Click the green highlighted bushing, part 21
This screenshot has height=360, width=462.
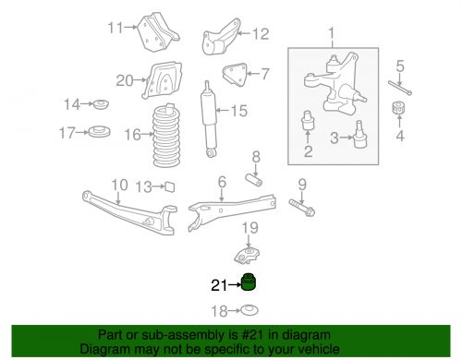[x=249, y=282]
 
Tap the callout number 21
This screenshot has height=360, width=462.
[x=219, y=285]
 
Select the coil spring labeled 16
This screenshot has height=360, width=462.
[x=166, y=136]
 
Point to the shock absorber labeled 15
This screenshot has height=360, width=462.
[x=209, y=119]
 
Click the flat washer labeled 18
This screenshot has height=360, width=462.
[x=249, y=310]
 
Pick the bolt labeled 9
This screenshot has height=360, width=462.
[x=302, y=208]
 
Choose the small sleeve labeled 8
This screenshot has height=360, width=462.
[x=254, y=180]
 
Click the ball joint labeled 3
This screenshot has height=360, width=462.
[x=360, y=135]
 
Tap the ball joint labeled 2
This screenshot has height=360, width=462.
[x=308, y=120]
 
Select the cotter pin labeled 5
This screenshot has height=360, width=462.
[x=400, y=88]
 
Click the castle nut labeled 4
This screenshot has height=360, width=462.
[x=398, y=107]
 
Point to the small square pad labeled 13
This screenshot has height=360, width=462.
[x=170, y=186]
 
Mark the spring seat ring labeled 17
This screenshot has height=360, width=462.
[x=99, y=132]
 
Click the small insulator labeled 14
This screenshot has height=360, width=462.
[x=101, y=104]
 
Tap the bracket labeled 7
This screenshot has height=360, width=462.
[x=235, y=75]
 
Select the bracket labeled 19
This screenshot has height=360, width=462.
[x=247, y=255]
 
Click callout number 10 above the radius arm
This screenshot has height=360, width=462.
[x=119, y=186]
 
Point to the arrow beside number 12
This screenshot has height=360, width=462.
[x=245, y=33]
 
